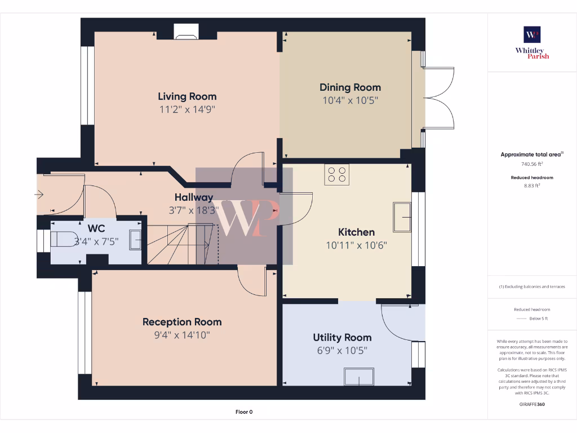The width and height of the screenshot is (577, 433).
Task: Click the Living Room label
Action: pyautogui.click(x=187, y=96)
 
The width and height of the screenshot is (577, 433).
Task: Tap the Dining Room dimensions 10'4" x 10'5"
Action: pyautogui.click(x=350, y=100)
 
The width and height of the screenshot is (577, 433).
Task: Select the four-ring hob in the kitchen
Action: pyautogui.click(x=337, y=174)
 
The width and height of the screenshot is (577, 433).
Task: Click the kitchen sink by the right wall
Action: pyautogui.click(x=402, y=216)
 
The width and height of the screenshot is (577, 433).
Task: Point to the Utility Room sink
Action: pyautogui.click(x=359, y=375)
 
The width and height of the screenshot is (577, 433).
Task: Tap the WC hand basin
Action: pyautogui.click(x=135, y=240)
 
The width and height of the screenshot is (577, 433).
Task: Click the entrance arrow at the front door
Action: pyautogui.click(x=39, y=195)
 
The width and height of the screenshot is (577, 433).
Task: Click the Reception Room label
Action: pyautogui.click(x=181, y=322)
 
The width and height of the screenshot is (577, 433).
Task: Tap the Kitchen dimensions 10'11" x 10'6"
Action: pyautogui.click(x=356, y=245)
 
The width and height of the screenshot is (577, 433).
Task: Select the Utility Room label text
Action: pyautogui.click(x=342, y=337)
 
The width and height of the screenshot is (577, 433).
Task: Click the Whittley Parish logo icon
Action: pyautogui.click(x=532, y=35)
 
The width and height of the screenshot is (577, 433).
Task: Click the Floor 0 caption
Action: pyautogui.click(x=243, y=412)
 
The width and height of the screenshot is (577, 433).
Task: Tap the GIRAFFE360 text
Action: pyautogui.click(x=532, y=404)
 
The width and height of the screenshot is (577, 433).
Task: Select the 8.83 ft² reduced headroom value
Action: pyautogui.click(x=532, y=185)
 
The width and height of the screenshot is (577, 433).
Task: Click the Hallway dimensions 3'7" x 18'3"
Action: pyautogui.click(x=193, y=210)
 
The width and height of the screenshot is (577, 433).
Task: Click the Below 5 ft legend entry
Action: pyautogui.click(x=538, y=319)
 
